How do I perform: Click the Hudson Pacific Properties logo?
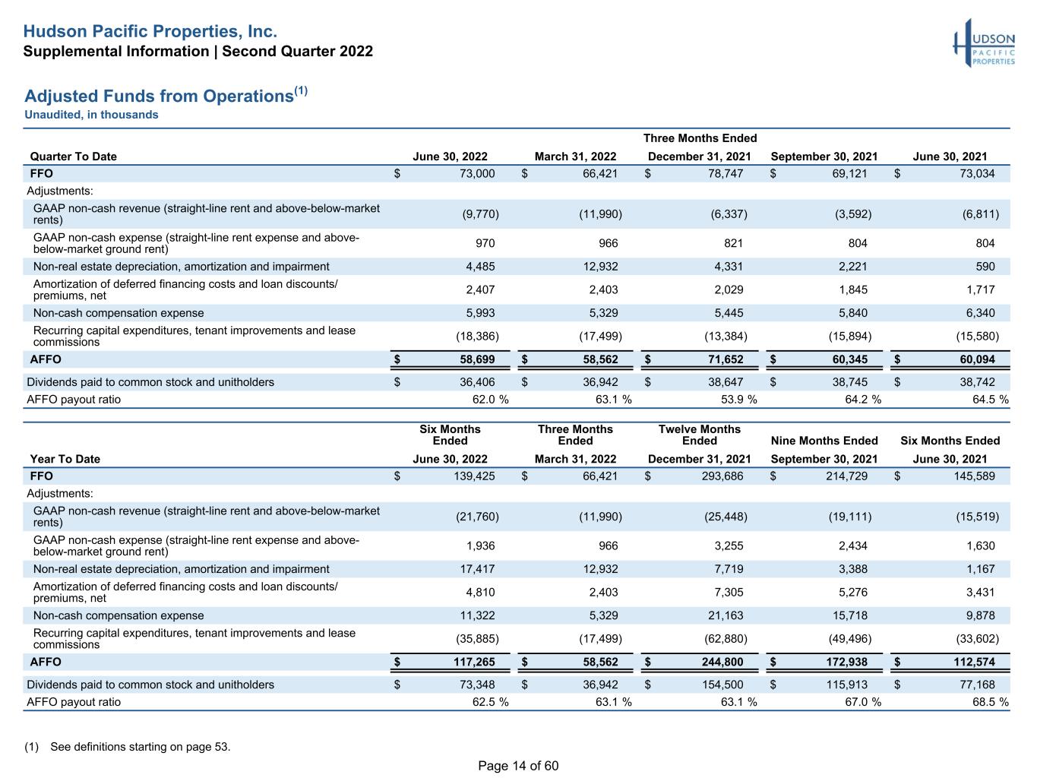click(x=984, y=43)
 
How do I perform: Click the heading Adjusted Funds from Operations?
click(x=159, y=96)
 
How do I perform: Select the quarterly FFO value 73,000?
click(x=477, y=174)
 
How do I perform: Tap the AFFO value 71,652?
click(x=726, y=359)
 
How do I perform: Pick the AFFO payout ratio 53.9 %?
click(x=738, y=400)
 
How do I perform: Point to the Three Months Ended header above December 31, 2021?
click(x=700, y=138)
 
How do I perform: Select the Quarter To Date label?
click(x=73, y=157)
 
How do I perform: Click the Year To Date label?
click(x=65, y=459)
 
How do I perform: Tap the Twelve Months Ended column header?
click(x=700, y=435)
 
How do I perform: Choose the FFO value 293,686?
click(x=722, y=476)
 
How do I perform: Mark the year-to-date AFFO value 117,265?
click(x=474, y=663)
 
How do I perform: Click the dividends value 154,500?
click(x=722, y=685)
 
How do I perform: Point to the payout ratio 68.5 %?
click(x=990, y=703)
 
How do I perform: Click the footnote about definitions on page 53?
click(x=128, y=747)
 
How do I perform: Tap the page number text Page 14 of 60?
click(x=518, y=766)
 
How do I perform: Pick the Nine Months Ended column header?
click(x=824, y=441)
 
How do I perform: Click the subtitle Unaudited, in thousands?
click(x=91, y=115)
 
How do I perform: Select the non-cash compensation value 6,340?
click(x=981, y=313)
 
